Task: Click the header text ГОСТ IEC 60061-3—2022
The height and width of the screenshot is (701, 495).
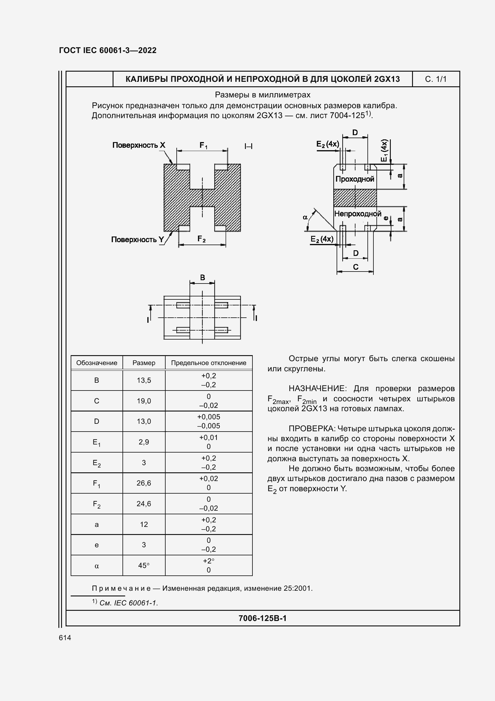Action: (108, 50)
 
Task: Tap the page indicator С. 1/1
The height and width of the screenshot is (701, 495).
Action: (435, 79)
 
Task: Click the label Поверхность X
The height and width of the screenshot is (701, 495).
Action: (139, 145)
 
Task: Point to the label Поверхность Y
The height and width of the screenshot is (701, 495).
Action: (138, 240)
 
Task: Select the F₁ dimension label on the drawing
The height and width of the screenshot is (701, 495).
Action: (203, 146)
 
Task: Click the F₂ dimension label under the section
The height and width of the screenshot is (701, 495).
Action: (201, 239)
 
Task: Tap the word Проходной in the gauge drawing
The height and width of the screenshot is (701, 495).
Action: (355, 179)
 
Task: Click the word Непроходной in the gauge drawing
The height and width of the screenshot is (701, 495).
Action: (358, 214)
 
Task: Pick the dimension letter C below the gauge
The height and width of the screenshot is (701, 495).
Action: (356, 267)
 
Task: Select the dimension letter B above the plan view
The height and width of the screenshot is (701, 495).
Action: (202, 278)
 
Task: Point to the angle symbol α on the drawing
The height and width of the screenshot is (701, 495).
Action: (305, 217)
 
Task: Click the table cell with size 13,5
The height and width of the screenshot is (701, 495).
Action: (144, 380)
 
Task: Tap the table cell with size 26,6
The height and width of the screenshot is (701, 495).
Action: (144, 483)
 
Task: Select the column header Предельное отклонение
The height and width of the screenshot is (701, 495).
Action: (209, 363)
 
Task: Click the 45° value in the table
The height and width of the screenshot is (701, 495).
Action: (144, 566)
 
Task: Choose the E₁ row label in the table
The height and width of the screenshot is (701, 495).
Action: (97, 442)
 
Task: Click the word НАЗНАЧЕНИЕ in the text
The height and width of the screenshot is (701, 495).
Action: (317, 389)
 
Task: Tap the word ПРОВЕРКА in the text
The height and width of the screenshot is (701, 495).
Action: (312, 429)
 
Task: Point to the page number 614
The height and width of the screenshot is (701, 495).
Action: (65, 638)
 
